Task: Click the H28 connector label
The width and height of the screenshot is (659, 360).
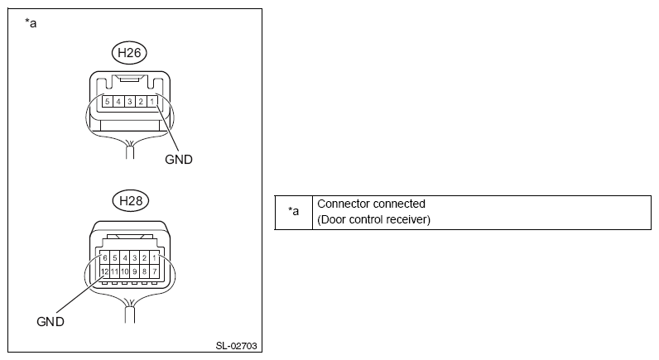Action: (x=128, y=200)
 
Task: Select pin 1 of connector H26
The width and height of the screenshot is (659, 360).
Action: (x=152, y=101)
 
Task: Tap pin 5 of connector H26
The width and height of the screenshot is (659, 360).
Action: (x=107, y=101)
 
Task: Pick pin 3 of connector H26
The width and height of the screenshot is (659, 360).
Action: (x=130, y=101)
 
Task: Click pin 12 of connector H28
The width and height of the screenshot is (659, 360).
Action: (x=104, y=271)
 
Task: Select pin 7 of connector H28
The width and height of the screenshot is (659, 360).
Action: (x=153, y=271)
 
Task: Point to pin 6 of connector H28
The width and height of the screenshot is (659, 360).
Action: (x=104, y=258)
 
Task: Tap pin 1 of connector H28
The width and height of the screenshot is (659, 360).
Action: (x=153, y=258)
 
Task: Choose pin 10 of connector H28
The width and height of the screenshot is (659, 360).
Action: (x=124, y=271)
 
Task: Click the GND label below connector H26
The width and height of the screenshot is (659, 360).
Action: (x=179, y=159)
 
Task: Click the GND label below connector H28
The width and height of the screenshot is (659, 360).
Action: (x=51, y=320)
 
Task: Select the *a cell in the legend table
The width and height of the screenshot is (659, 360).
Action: (x=293, y=212)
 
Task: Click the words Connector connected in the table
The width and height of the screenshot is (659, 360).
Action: (x=372, y=204)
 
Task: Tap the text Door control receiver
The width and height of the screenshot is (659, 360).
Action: (x=375, y=219)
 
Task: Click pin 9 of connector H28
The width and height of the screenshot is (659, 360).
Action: (x=134, y=271)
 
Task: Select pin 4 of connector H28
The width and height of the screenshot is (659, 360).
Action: (x=124, y=258)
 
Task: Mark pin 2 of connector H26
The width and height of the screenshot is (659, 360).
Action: (x=142, y=101)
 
